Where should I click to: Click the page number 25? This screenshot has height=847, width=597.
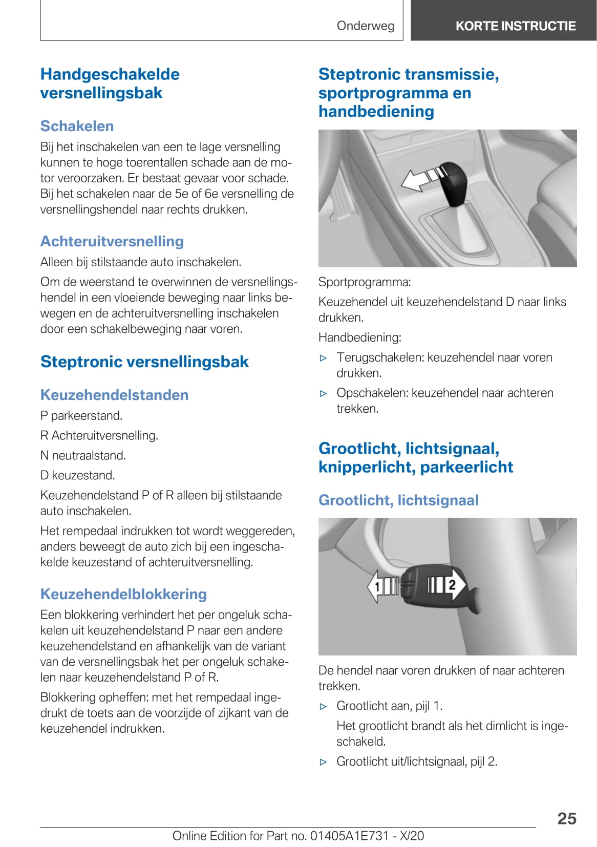[x=566, y=818]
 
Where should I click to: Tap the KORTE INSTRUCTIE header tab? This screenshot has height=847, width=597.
[x=515, y=26]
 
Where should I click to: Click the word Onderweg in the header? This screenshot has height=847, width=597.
[x=366, y=26]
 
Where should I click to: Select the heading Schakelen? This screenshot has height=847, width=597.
[x=77, y=126]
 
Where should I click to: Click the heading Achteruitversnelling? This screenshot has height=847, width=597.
[x=112, y=241]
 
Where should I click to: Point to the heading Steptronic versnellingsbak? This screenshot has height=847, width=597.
[x=144, y=362]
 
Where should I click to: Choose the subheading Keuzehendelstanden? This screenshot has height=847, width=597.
[x=114, y=395]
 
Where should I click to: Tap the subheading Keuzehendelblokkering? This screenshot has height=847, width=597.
[x=123, y=594]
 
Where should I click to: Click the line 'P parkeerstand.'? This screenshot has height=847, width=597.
[x=81, y=415]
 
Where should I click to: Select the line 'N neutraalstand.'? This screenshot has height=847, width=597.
[x=83, y=455]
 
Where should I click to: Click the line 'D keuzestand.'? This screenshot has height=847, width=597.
[x=77, y=475]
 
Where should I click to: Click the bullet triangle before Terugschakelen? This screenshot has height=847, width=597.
[x=323, y=358]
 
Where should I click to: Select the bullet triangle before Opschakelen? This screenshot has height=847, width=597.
[x=323, y=393]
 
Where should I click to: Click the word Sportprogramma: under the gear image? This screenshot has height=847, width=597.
[x=364, y=282]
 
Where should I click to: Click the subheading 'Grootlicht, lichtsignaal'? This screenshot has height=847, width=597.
[x=398, y=500]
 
